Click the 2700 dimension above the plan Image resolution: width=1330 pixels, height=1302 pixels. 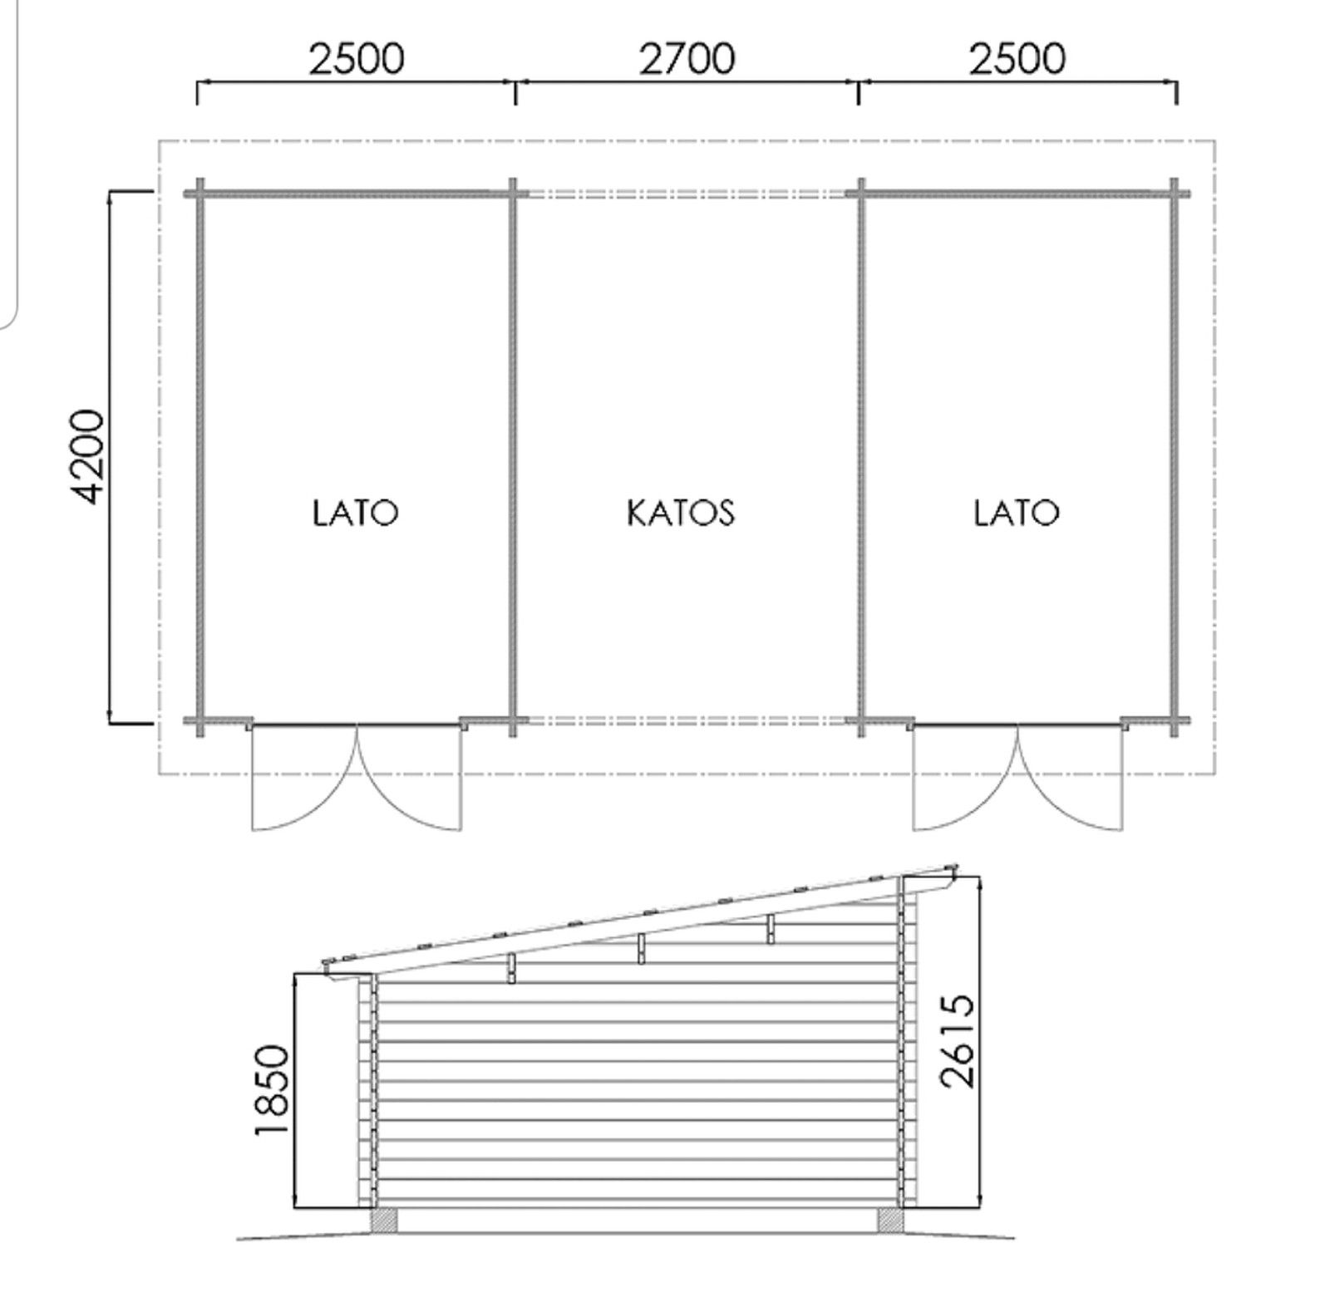[687, 59]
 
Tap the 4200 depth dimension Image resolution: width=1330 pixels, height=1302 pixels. [87, 456]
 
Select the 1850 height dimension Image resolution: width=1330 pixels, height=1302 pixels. [273, 1089]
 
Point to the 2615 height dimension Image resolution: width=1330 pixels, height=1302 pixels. [957, 1041]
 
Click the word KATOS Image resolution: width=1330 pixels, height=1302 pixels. [681, 513]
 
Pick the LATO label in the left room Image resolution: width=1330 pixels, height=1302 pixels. [356, 513]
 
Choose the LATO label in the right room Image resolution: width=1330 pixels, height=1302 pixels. [1017, 513]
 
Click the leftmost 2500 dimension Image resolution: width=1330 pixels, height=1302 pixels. [356, 59]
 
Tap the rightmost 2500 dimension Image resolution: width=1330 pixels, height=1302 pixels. [1017, 59]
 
